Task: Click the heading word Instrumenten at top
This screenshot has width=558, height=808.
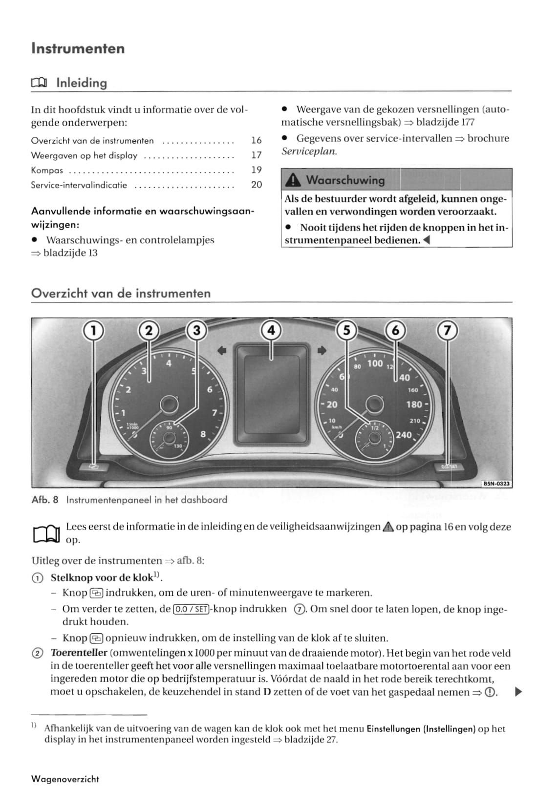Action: click(x=78, y=48)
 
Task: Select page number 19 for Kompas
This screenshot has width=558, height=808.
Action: click(x=256, y=170)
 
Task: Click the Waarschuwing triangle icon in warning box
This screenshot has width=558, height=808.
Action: click(x=293, y=180)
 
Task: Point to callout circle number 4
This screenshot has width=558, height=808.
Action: click(x=271, y=331)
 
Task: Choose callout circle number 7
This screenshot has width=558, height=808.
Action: click(x=447, y=331)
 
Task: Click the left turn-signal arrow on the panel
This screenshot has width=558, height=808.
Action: click(x=222, y=350)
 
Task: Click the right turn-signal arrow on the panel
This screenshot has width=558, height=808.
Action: click(x=322, y=350)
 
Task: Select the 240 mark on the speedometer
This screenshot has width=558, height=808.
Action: click(x=404, y=435)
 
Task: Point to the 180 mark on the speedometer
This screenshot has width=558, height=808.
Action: click(x=414, y=404)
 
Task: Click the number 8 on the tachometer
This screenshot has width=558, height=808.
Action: click(x=203, y=433)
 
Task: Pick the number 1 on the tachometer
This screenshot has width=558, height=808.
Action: click(x=123, y=412)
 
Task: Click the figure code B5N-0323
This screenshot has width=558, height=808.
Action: click(x=496, y=484)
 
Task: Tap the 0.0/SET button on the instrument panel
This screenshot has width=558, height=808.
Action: click(x=448, y=467)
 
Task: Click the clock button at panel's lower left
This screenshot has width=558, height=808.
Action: click(x=93, y=467)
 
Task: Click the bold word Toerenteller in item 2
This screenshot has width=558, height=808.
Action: click(x=79, y=653)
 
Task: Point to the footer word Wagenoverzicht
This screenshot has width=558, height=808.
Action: click(x=65, y=779)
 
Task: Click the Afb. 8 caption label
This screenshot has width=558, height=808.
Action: click(x=45, y=500)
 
